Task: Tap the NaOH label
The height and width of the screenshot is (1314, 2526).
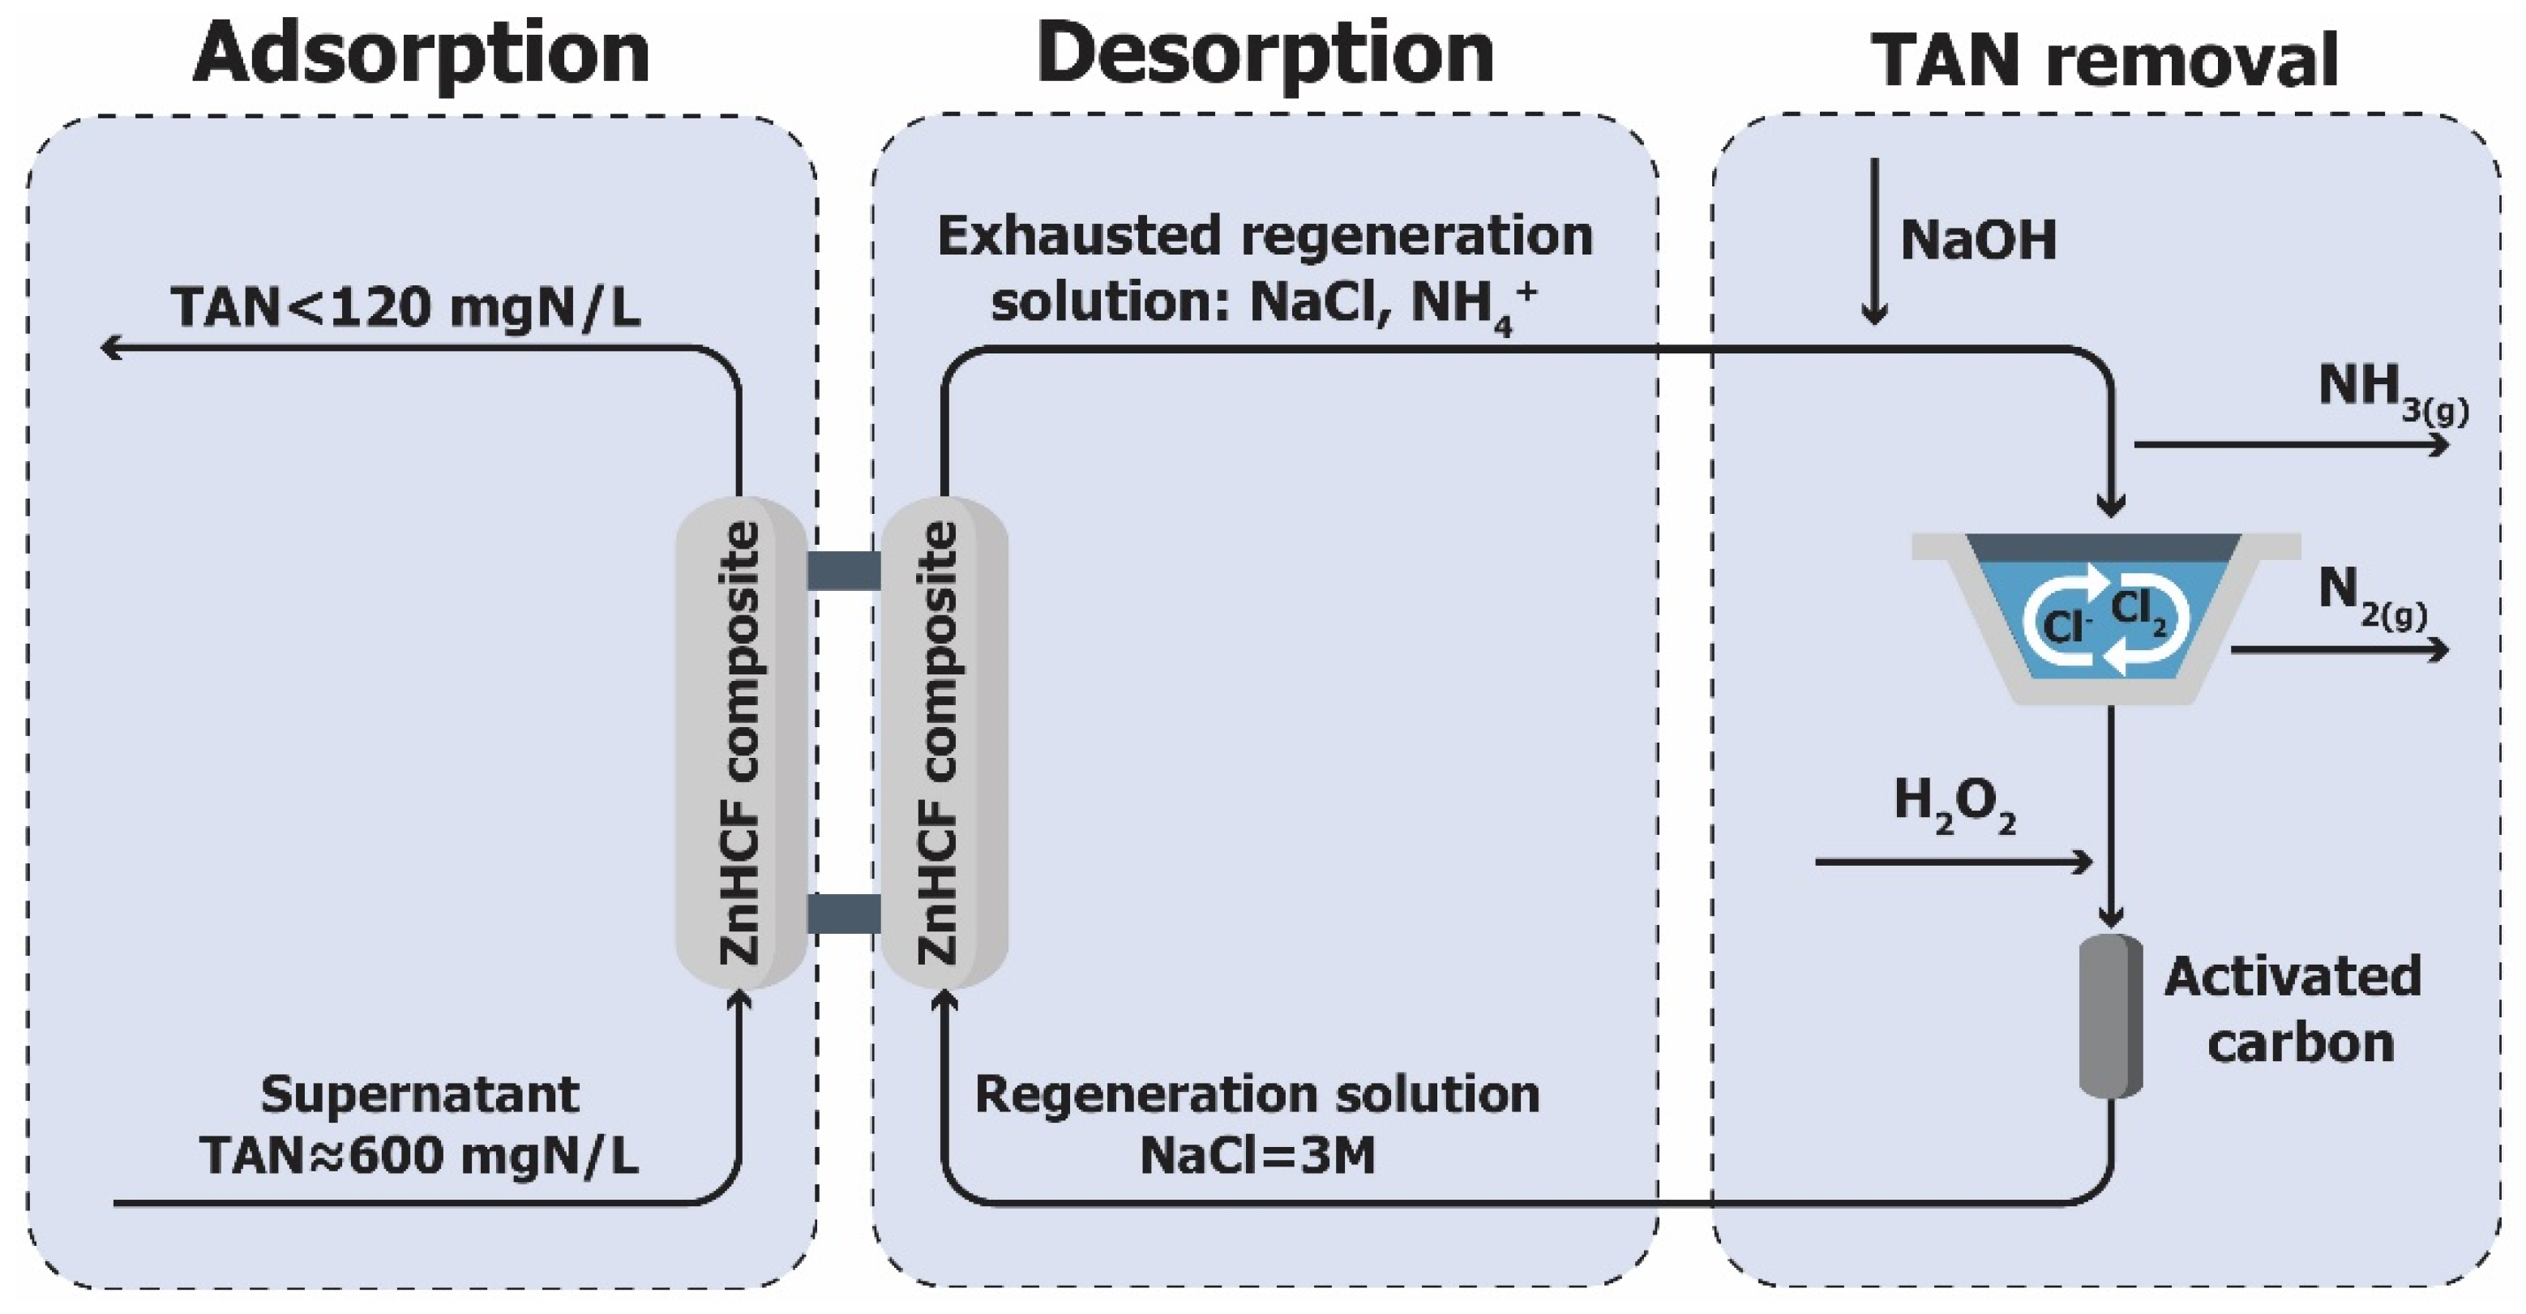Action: click(1978, 239)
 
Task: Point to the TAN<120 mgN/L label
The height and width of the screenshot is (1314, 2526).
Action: click(406, 307)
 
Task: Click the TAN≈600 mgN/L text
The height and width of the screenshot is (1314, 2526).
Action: click(420, 1155)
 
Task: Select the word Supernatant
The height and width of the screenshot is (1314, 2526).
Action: click(420, 1094)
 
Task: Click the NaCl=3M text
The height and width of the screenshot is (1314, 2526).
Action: click(1257, 1155)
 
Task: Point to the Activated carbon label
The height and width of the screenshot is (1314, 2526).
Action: click(2293, 1008)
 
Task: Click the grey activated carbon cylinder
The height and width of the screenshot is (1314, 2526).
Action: click(2110, 1015)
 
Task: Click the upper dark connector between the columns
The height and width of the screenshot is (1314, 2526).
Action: click(843, 571)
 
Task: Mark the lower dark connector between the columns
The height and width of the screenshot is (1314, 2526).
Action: click(843, 913)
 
